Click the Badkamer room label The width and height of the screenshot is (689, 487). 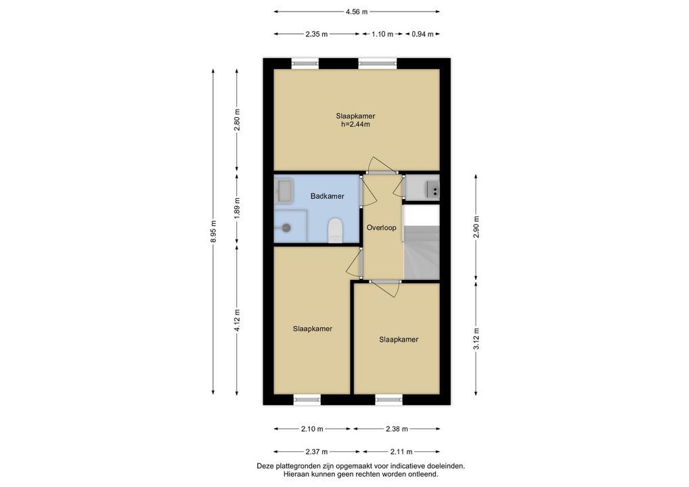[328, 196]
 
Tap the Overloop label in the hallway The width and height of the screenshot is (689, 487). [382, 228]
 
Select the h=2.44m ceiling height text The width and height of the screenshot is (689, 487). [355, 124]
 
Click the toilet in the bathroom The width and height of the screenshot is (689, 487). [335, 231]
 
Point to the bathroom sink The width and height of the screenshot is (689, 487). [284, 191]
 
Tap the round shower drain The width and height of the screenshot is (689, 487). [286, 227]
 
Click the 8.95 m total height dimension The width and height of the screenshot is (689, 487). [214, 231]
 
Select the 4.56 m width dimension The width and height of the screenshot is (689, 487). [357, 12]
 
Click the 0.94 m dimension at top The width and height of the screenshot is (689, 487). [422, 34]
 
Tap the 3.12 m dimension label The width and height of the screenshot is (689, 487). [476, 339]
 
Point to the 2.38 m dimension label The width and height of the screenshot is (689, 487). [397, 429]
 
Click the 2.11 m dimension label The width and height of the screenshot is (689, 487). [401, 451]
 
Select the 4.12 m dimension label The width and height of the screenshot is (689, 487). [238, 321]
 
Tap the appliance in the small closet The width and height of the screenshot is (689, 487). [432, 189]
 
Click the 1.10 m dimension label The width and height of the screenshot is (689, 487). [382, 34]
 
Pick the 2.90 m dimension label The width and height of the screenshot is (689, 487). [476, 227]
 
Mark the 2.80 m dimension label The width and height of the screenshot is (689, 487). [238, 120]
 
